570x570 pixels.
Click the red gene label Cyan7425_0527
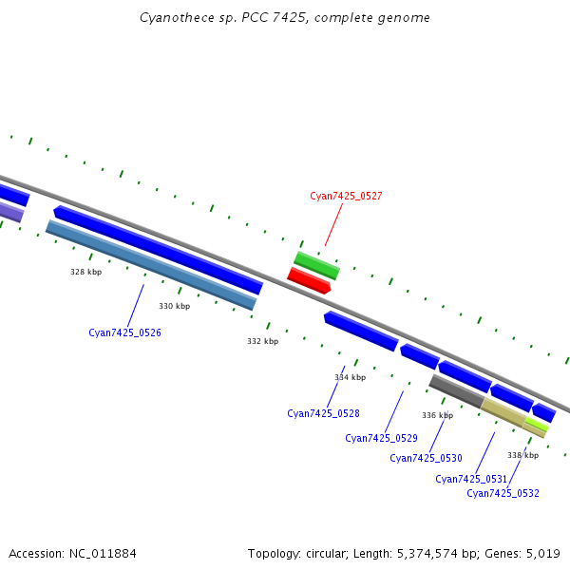tap(346, 196)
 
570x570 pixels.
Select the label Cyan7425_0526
tap(124, 332)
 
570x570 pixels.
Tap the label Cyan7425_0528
tap(323, 413)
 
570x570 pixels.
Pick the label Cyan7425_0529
tap(381, 438)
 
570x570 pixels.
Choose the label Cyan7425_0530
tap(426, 458)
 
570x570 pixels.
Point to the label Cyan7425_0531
tap(471, 479)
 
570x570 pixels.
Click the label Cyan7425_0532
tap(503, 493)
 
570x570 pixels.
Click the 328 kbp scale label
tap(85, 272)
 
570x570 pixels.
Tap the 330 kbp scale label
tap(174, 306)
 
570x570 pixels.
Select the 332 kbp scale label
tap(262, 341)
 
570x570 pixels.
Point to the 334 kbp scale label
tap(350, 377)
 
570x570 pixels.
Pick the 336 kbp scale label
tap(437, 415)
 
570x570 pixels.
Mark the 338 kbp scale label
tap(522, 455)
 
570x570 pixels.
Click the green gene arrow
tap(316, 265)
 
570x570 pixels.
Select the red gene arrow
tap(309, 280)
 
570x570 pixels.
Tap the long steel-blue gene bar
tap(151, 265)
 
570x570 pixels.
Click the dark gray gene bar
tap(457, 391)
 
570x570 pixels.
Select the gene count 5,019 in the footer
tap(540, 553)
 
